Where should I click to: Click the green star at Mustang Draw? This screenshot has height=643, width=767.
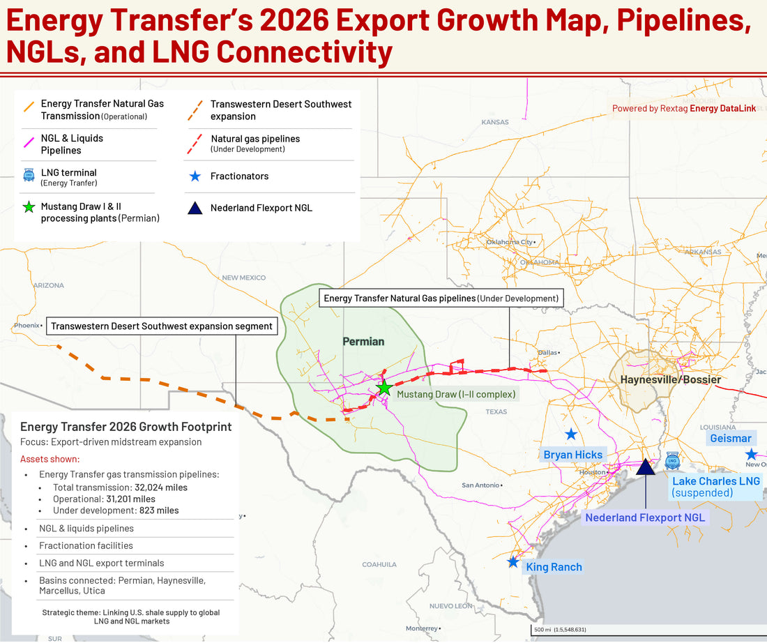383,388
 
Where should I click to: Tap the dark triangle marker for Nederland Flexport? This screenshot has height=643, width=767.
646,467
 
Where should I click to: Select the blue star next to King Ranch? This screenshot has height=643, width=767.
513,561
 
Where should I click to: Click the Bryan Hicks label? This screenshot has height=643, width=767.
572,455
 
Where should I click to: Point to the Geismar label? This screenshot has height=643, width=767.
731,439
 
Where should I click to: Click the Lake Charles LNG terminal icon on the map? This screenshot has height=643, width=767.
673,461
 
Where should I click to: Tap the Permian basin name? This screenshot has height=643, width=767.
363,342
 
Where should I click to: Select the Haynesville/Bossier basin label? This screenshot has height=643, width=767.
670,379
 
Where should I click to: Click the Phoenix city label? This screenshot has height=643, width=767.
26,326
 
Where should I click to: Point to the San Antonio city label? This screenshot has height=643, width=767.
481,485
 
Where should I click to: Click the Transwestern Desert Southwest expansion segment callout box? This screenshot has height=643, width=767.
162,326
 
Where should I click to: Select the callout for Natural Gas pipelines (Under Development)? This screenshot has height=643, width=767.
441,298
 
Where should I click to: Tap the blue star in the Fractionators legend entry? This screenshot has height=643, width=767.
195,176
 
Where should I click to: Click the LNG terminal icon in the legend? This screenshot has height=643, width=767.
29,175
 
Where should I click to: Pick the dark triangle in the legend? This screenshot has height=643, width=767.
195,208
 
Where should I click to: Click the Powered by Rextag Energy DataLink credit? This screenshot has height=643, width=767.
684,109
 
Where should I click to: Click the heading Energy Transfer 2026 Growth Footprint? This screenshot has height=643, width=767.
126,427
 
